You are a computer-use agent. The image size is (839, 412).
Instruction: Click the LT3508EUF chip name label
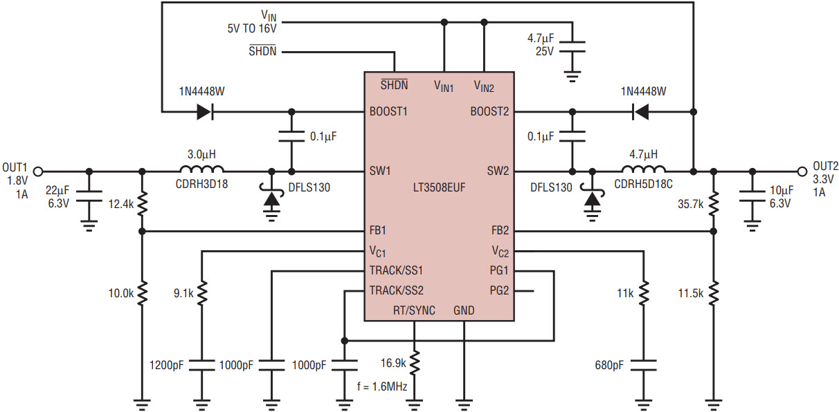click(439, 187)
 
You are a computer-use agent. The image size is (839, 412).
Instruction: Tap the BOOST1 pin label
click(388, 111)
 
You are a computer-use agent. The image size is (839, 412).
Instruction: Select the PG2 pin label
click(499, 290)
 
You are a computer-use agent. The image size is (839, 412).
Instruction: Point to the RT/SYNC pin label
click(414, 310)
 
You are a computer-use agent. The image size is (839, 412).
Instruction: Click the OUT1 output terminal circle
click(38, 171)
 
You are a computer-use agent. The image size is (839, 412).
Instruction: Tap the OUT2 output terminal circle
click(802, 171)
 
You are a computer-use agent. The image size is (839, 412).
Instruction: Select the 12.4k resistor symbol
click(142, 204)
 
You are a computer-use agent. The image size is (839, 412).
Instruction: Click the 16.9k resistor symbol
click(414, 363)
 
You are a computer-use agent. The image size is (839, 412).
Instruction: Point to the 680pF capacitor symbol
click(644, 365)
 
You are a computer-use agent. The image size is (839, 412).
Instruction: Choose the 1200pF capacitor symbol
click(202, 365)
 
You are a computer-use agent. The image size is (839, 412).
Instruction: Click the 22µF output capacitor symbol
click(89, 196)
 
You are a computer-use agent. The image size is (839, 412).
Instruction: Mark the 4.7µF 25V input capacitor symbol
click(572, 47)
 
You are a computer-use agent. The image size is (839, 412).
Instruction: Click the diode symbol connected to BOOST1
click(206, 111)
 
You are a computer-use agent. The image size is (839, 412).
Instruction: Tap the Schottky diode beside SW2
click(592, 198)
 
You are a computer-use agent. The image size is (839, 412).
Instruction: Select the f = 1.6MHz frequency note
click(382, 386)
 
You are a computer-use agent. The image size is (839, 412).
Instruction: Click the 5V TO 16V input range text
click(252, 28)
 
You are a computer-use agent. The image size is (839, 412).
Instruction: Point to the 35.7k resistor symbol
click(714, 204)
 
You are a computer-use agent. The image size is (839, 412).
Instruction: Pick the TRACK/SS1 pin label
click(396, 270)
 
